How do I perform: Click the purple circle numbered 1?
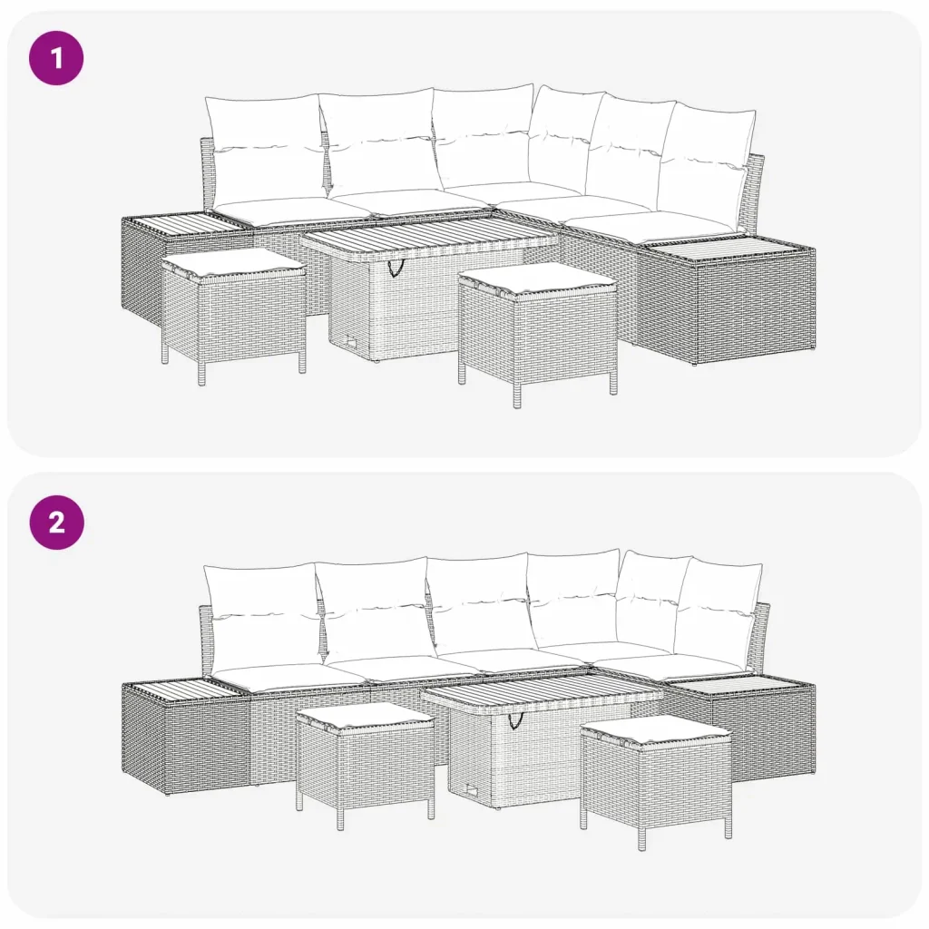56,58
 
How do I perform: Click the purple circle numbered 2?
56,523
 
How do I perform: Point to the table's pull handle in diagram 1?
394,268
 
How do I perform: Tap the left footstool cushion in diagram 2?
365,717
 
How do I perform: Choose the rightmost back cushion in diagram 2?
719,616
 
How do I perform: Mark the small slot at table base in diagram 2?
473,790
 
